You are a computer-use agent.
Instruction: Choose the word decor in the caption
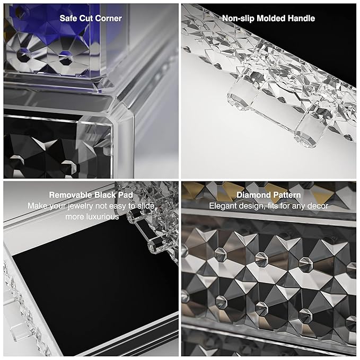[x=318, y=206]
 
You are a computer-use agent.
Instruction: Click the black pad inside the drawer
[x=92, y=283]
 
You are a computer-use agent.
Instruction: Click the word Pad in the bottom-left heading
[x=126, y=195]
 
